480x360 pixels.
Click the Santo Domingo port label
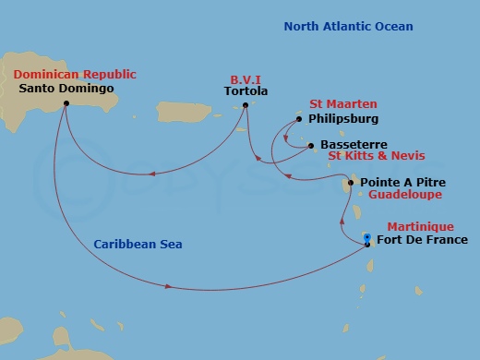pyautogui.click(x=66, y=89)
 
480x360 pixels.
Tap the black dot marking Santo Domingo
pyautogui.click(x=66, y=103)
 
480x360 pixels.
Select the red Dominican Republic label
pyautogui.click(x=74, y=74)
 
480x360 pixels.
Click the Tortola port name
pyautogui.click(x=246, y=91)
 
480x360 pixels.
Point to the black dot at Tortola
pyautogui.click(x=246, y=105)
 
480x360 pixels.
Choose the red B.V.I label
pyautogui.click(x=246, y=78)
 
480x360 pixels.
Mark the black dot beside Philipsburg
pyautogui.click(x=299, y=118)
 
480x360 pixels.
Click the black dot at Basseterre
pyautogui.click(x=311, y=145)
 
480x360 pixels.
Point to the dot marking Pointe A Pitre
pyautogui.click(x=352, y=182)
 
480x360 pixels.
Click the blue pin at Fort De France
pyautogui.click(x=367, y=238)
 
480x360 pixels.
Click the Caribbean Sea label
pyautogui.click(x=138, y=245)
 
